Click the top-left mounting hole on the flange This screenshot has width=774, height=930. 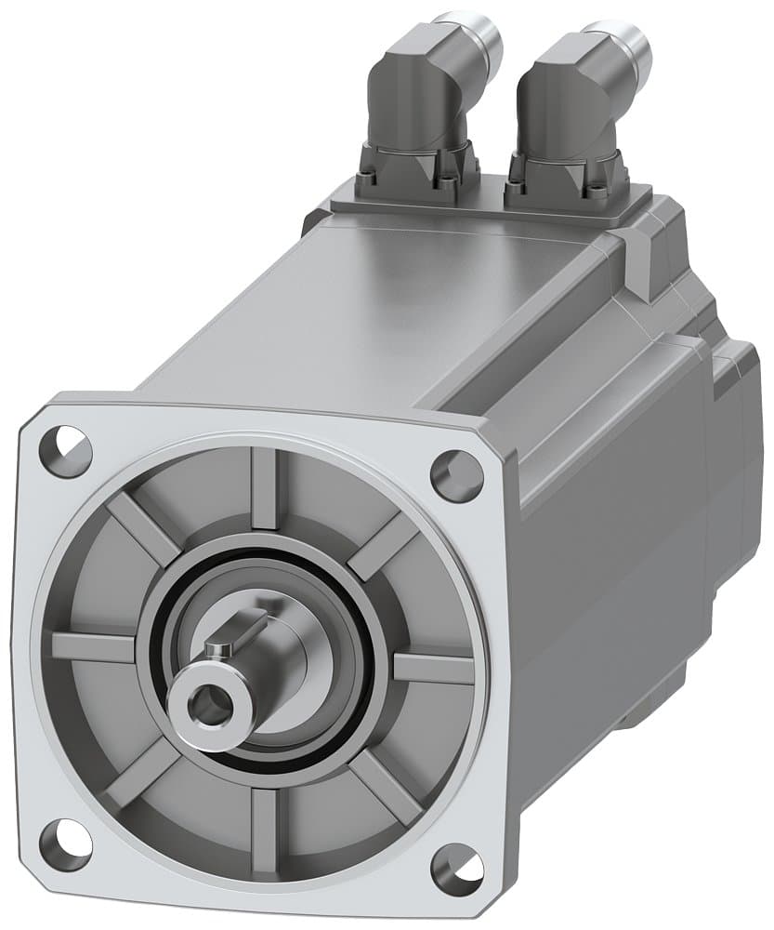[x=66, y=451]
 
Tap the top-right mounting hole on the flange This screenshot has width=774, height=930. [x=456, y=475]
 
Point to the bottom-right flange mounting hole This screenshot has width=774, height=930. [x=457, y=868]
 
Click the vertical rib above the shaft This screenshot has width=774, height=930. [x=264, y=488]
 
